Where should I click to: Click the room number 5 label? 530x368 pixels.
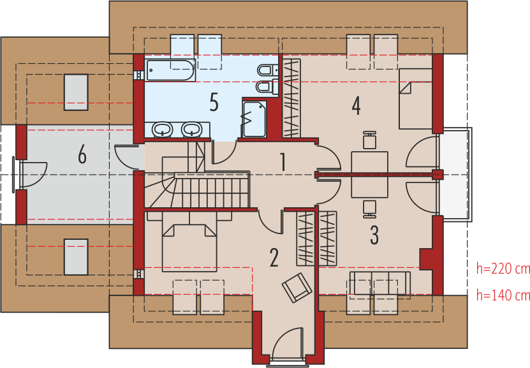click(x=214, y=102)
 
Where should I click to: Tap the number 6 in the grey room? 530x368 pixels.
click(x=82, y=155)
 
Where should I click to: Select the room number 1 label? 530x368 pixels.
click(x=283, y=162)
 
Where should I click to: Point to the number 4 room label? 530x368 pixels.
click(x=356, y=106)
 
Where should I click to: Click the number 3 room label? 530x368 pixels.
click(x=374, y=235)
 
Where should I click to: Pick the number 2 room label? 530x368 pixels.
click(x=274, y=258)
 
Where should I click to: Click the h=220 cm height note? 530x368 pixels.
click(x=503, y=269)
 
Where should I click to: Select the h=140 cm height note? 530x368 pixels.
click(x=503, y=295)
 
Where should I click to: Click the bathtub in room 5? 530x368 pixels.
click(x=171, y=70)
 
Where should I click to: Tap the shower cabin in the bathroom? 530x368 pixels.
click(x=254, y=119)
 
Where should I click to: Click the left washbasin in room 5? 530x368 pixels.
click(x=162, y=129)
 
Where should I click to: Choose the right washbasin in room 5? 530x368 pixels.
click(x=191, y=129)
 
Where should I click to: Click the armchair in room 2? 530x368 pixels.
click(x=297, y=288)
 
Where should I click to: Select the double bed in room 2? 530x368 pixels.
click(x=189, y=247)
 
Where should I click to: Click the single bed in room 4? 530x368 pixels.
click(x=416, y=99)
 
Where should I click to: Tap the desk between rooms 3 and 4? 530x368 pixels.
click(x=369, y=175)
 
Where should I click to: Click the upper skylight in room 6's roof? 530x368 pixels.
click(x=76, y=92)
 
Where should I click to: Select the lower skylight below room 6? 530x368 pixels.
click(x=76, y=257)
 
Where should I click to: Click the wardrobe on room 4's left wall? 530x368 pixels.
click(x=291, y=98)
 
